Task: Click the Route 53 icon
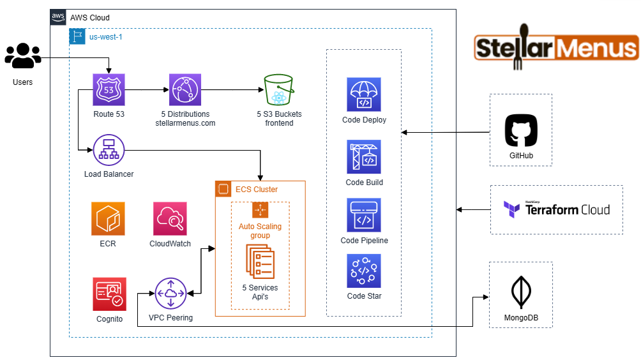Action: pyautogui.click(x=109, y=89)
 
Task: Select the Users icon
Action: pyautogui.click(x=22, y=56)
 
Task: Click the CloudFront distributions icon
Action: pyautogui.click(x=185, y=89)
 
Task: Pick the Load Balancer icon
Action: pyautogui.click(x=109, y=151)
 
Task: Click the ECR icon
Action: pyautogui.click(x=108, y=219)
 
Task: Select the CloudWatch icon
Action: pyautogui.click(x=170, y=219)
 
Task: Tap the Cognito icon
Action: pyautogui.click(x=109, y=294)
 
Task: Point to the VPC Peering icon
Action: pyautogui.click(x=170, y=294)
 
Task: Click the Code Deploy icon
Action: pyautogui.click(x=364, y=94)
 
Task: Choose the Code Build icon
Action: pyautogui.click(x=364, y=157)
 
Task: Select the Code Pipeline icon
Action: pyautogui.click(x=364, y=215)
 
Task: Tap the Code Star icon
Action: pyautogui.click(x=364, y=271)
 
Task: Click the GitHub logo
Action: pyautogui.click(x=521, y=131)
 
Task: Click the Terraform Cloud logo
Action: pyautogui.click(x=556, y=209)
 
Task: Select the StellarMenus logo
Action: pyautogui.click(x=556, y=48)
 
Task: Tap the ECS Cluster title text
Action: pyautogui.click(x=257, y=189)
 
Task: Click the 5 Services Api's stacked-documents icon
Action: pyautogui.click(x=260, y=262)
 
